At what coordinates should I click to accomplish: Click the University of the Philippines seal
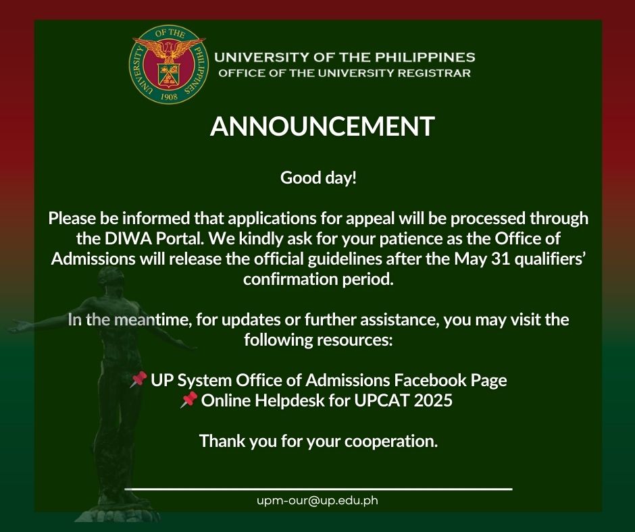click(x=168, y=64)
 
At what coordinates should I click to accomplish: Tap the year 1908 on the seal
click(x=169, y=97)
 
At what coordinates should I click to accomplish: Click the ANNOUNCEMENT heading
click(x=322, y=126)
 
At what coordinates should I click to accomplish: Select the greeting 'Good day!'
click(x=318, y=178)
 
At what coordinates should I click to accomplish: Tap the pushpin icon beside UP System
click(x=138, y=380)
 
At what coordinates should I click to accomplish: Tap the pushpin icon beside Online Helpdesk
click(x=188, y=400)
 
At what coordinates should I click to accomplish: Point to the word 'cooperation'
click(x=391, y=442)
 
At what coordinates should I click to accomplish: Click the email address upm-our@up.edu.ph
click(x=317, y=501)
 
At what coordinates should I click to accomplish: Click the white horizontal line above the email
click(x=318, y=489)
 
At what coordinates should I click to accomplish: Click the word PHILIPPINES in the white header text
click(x=425, y=57)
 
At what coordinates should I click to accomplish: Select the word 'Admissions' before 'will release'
click(x=93, y=259)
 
